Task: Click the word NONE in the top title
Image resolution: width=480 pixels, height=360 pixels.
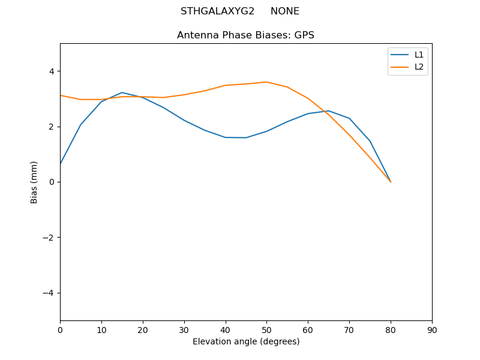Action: [x=285, y=11]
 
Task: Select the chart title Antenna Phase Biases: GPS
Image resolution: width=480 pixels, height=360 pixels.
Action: [x=245, y=35]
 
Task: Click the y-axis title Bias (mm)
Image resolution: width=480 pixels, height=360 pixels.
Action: [x=34, y=182]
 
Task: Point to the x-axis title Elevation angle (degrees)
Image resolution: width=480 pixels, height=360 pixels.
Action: [x=245, y=341]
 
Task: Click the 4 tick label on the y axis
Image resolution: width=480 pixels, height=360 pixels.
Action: [x=51, y=71]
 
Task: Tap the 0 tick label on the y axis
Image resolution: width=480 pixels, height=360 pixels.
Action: [x=51, y=182]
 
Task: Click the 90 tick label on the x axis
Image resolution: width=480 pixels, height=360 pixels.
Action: [x=431, y=329]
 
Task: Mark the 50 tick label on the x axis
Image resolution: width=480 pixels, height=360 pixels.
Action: [x=266, y=329]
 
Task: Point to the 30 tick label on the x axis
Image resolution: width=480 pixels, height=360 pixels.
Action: [x=184, y=329]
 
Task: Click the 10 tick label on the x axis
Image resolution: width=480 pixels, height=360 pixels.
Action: [x=101, y=329]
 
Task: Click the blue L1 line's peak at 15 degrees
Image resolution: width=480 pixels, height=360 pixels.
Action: [x=122, y=92]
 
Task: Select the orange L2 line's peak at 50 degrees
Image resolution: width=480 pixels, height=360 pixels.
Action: [x=266, y=82]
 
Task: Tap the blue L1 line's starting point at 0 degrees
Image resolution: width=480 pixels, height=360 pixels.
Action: [x=61, y=164]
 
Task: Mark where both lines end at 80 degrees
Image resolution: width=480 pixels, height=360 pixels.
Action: [x=391, y=182]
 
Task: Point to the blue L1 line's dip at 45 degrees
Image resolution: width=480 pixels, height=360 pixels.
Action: [x=246, y=137]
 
